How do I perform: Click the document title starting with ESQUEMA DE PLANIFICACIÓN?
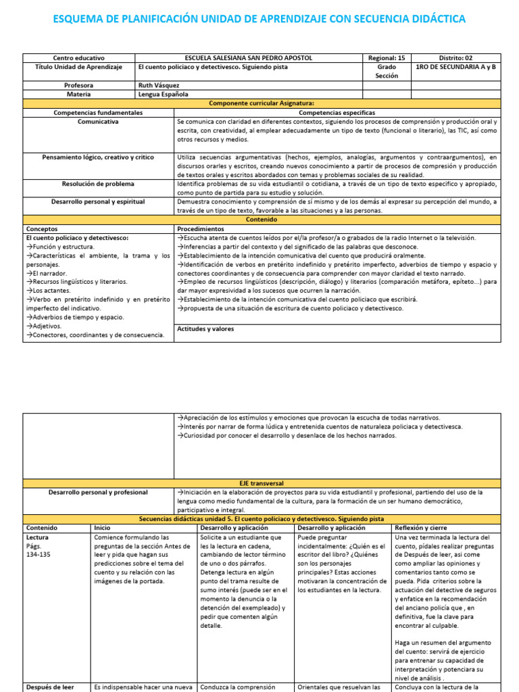(259, 19)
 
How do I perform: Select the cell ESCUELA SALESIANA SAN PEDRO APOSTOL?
(249, 58)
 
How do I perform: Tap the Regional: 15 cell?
(387, 58)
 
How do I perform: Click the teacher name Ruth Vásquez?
(160, 86)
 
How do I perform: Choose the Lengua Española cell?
(164, 95)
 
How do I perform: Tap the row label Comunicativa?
(98, 122)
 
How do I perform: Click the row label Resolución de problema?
(98, 183)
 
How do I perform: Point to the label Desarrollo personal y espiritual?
(98, 201)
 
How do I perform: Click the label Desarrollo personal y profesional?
(98, 493)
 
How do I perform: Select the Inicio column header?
(102, 527)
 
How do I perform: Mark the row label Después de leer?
(49, 687)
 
